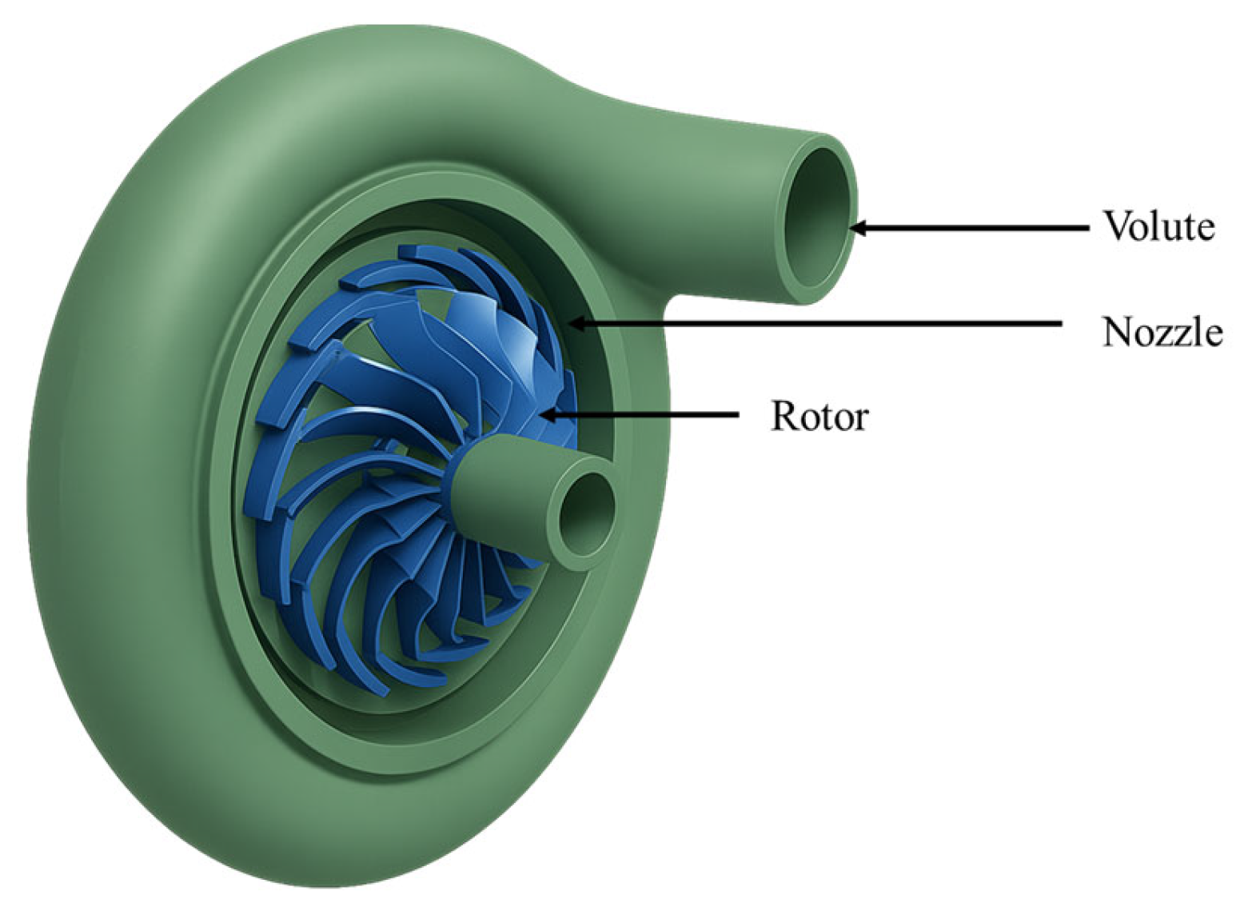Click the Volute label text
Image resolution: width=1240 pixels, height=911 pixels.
pyautogui.click(x=1158, y=226)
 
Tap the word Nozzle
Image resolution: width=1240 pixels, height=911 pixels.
pyautogui.click(x=1162, y=331)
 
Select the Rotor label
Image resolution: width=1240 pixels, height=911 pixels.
pyautogui.click(x=819, y=416)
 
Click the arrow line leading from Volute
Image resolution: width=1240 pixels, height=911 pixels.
pyautogui.click(x=975, y=228)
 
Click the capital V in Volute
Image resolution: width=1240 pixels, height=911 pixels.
pyautogui.click(x=1116, y=226)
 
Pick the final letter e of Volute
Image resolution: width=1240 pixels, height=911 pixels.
pyautogui.click(x=1206, y=229)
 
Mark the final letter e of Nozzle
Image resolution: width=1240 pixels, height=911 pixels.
pyautogui.click(x=1213, y=334)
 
